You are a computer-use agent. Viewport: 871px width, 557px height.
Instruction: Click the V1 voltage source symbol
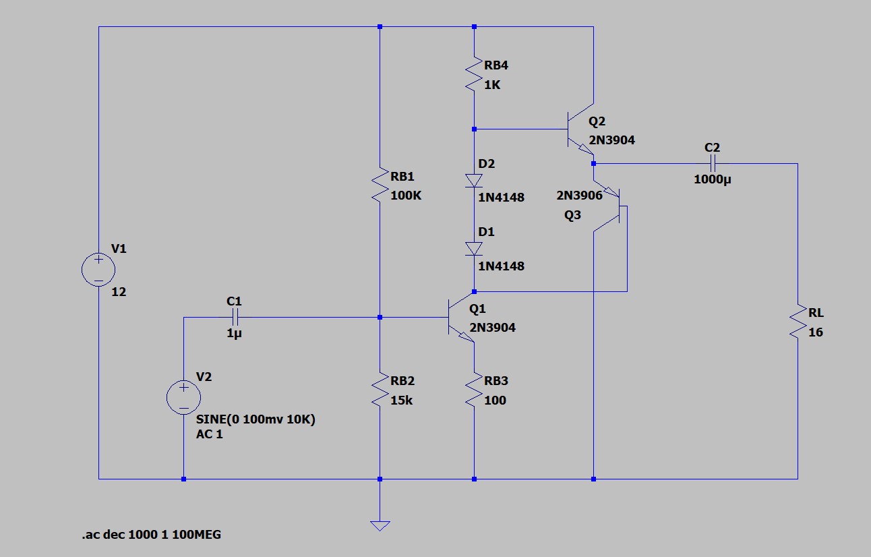click(98, 270)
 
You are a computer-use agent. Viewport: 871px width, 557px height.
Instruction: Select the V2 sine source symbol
click(183, 397)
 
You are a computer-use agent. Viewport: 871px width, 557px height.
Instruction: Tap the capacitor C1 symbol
click(235, 316)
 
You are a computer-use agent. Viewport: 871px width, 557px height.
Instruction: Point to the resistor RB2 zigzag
click(380, 390)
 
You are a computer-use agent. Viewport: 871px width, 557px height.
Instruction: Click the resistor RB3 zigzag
click(474, 390)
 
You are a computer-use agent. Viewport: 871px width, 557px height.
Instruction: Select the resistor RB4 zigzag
click(474, 75)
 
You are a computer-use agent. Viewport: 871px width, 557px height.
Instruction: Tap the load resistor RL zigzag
click(798, 322)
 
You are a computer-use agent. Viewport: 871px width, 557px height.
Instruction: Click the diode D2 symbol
click(474, 180)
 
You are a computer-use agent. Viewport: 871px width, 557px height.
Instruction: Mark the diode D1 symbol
click(474, 248)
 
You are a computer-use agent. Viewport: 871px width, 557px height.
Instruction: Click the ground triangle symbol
click(380, 525)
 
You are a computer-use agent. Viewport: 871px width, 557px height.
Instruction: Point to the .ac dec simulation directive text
click(151, 535)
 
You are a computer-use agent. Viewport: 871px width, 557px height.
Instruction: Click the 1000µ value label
click(712, 179)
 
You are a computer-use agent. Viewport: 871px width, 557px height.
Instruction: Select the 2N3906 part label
click(579, 196)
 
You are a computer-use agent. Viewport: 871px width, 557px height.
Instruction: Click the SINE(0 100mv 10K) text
click(256, 419)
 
